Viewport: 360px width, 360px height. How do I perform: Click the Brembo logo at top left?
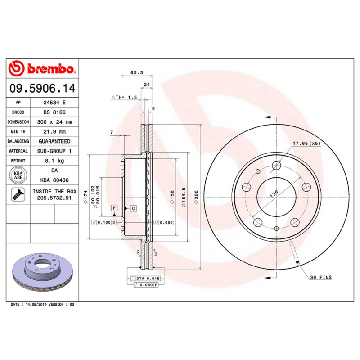[x=41, y=69]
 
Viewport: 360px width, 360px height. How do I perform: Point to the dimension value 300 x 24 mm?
[x=54, y=122]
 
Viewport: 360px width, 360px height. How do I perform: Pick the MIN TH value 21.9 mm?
[x=54, y=132]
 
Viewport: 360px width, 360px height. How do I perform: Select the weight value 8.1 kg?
[x=54, y=161]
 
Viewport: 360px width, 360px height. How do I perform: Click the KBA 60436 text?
[x=54, y=180]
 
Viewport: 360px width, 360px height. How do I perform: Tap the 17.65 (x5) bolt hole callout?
[x=306, y=144]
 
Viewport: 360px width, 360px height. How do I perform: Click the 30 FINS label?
[x=320, y=278]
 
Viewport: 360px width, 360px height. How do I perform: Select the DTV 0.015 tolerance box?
[x=147, y=279]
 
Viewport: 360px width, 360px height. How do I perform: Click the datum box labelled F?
[x=114, y=208]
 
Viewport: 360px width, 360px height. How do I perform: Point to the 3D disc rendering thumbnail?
[x=42, y=273]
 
